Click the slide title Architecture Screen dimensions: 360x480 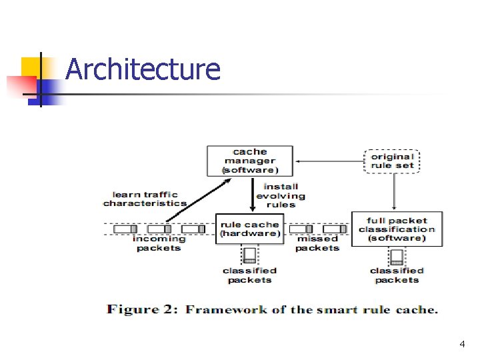(143, 69)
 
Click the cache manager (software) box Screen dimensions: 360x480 (250, 161)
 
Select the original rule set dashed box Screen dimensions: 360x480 (393, 161)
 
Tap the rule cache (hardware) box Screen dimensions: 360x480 (250, 229)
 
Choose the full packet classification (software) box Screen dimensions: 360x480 (397, 229)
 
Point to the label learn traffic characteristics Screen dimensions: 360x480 (145, 199)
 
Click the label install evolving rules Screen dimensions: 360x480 (281, 195)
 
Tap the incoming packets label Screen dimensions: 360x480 (158, 243)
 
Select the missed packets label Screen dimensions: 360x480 (317, 243)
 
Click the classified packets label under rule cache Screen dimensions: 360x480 (250, 275)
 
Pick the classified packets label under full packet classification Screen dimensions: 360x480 (397, 275)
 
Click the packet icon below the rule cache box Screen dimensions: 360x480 (250, 255)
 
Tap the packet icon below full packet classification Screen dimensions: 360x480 (397, 256)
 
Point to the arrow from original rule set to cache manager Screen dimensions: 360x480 (330, 161)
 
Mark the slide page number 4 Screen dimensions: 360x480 (461, 345)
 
